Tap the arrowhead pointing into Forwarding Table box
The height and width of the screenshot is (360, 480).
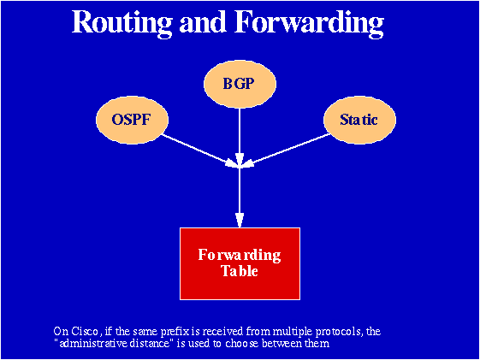(240, 221)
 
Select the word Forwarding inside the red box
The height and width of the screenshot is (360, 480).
(240, 255)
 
